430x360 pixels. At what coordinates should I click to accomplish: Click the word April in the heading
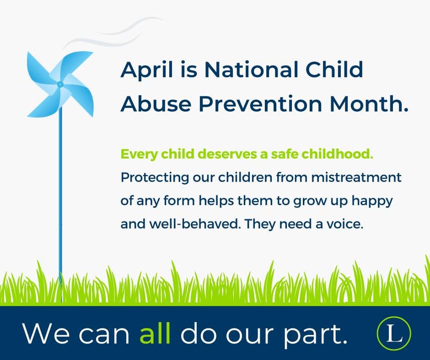pos(147,70)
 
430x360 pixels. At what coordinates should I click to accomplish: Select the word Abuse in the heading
pos(156,104)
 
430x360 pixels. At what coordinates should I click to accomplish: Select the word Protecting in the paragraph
pos(155,178)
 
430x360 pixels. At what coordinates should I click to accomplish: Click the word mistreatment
pos(356,177)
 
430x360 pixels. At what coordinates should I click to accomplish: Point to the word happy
pos(372,201)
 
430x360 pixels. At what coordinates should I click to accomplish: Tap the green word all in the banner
pos(155,333)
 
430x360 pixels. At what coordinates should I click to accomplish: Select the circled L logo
pos(394,333)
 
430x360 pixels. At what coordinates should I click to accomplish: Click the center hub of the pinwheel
pos(60,84)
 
